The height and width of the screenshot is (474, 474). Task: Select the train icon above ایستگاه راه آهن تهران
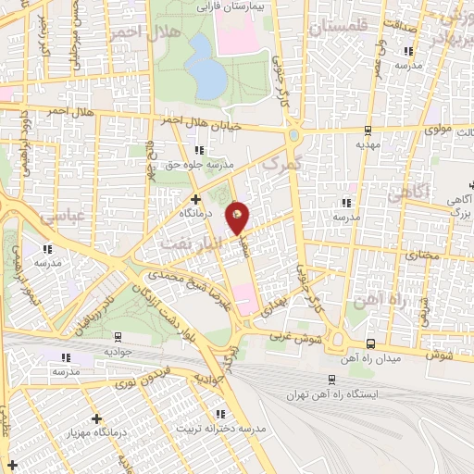pos(331,379)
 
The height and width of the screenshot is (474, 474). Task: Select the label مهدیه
pos(368,145)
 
